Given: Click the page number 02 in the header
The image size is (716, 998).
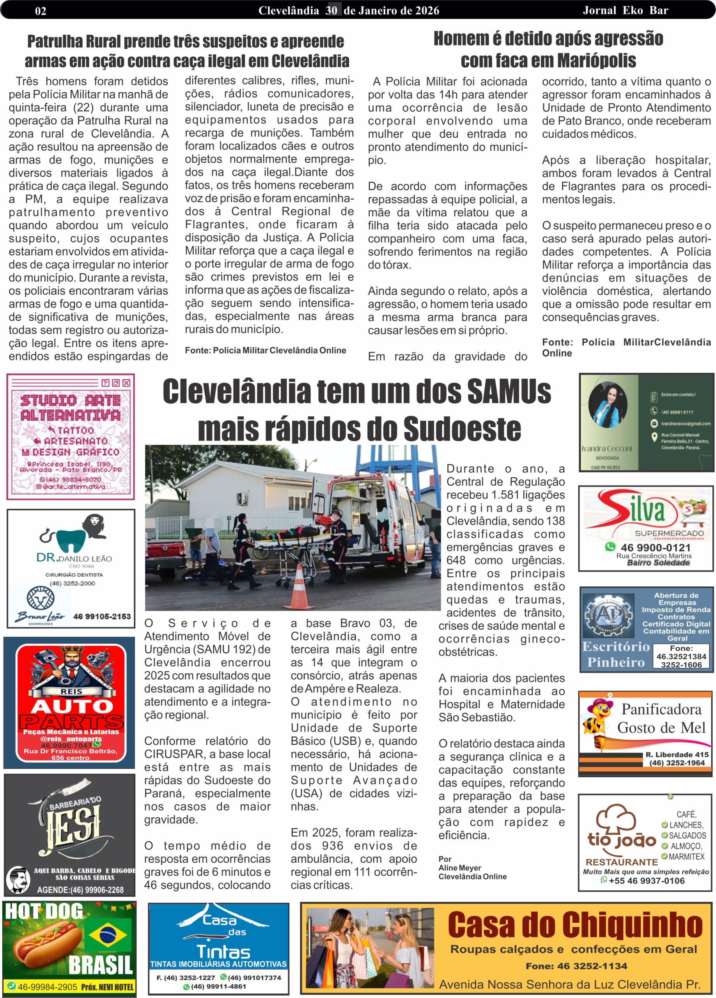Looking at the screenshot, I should pyautogui.click(x=41, y=11).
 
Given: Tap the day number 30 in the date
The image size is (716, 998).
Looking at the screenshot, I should pyautogui.click(x=331, y=11).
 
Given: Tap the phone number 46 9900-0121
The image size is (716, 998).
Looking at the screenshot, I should pyautogui.click(x=655, y=547).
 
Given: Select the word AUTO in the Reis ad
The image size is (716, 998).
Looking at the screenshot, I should pyautogui.click(x=72, y=706).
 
